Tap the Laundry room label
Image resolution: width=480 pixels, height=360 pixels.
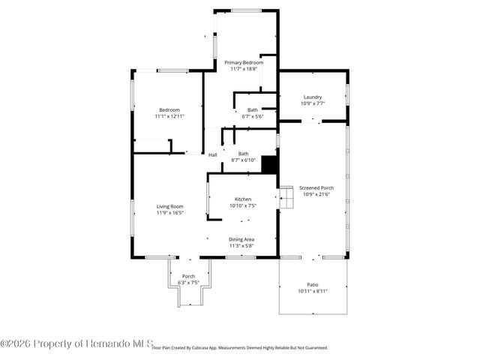tap(313, 97)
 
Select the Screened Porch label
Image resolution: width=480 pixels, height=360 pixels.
tap(315, 187)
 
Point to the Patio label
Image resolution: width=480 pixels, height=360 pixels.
tap(313, 284)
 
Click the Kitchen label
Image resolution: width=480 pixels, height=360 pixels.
tap(243, 199)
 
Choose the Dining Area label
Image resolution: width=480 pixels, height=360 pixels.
tap(241, 239)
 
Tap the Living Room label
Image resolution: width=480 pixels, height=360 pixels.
tap(169, 206)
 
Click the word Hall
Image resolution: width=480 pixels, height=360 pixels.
tap(213, 155)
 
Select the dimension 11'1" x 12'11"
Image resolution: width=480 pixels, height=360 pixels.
tap(169, 116)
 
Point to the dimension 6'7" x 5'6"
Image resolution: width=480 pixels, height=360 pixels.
tap(253, 116)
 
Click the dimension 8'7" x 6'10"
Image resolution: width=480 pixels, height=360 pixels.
tap(243, 160)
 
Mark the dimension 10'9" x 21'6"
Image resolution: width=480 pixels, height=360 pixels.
tap(315, 194)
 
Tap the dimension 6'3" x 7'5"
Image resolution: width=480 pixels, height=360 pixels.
tap(189, 283)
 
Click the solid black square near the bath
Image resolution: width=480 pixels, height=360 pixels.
tap(269, 164)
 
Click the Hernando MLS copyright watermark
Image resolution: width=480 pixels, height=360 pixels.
tap(75, 343)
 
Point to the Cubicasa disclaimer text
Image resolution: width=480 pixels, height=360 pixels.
tap(240, 348)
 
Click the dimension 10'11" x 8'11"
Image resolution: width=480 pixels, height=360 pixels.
tap(313, 291)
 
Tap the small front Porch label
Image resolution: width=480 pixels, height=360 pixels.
tap(189, 276)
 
